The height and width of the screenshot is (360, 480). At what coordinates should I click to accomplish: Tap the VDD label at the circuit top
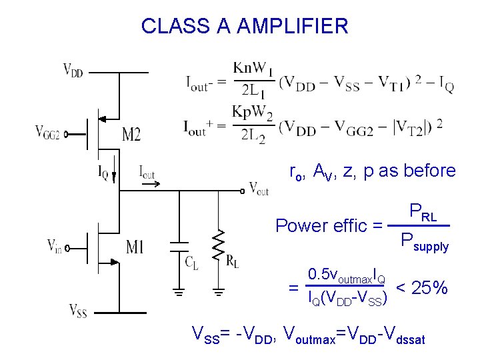[x=73, y=69]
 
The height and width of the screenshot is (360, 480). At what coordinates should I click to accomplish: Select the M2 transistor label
[x=131, y=135]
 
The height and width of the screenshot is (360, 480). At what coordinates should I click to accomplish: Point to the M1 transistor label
[x=134, y=248]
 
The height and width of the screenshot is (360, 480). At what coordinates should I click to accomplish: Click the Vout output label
[x=259, y=189]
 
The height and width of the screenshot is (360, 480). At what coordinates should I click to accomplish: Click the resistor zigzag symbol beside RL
[x=217, y=246]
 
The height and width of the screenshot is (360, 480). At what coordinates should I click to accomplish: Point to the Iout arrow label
[x=147, y=172]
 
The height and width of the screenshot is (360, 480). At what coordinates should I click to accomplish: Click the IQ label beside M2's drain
[x=103, y=175]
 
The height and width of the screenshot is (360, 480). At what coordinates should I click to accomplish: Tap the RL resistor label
[x=232, y=261]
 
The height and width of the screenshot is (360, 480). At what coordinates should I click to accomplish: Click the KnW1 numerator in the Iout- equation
[x=253, y=69]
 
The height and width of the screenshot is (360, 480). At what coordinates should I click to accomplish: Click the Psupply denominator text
[x=424, y=241]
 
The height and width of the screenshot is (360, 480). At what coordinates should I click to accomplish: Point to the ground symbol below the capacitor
[x=178, y=291]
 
